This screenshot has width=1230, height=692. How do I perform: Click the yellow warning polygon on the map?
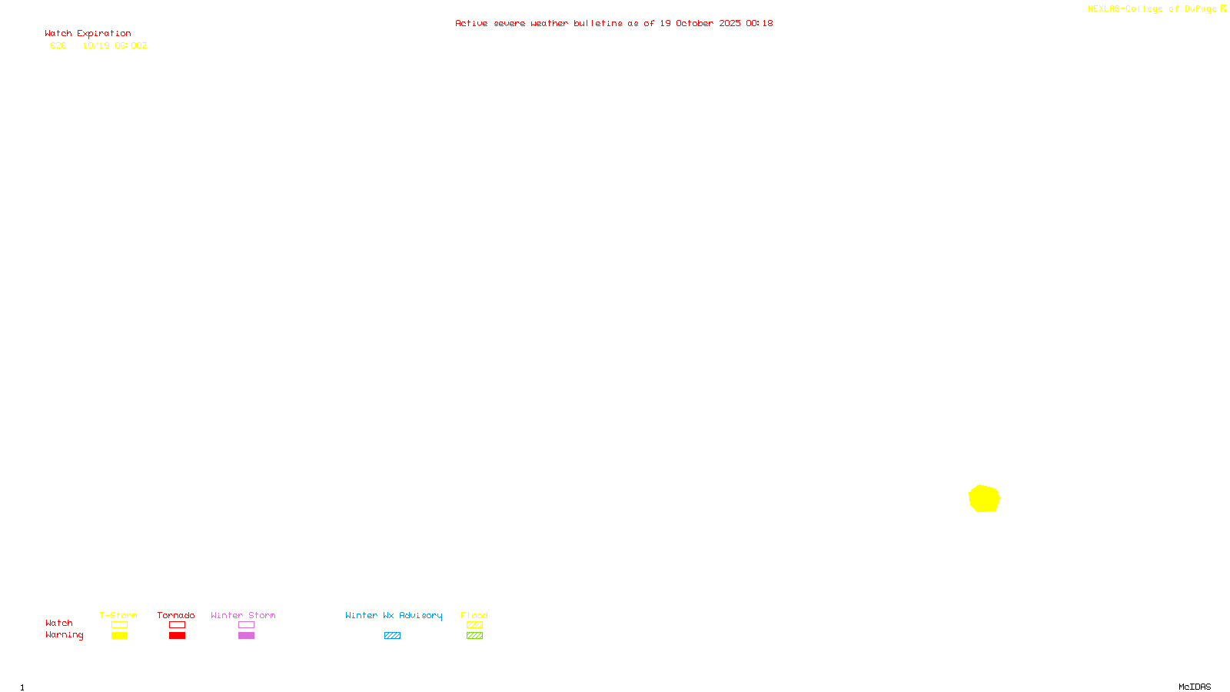(x=984, y=498)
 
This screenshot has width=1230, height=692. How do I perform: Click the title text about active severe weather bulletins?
(x=613, y=23)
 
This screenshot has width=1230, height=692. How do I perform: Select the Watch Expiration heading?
(x=88, y=33)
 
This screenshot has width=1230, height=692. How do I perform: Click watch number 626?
(x=58, y=45)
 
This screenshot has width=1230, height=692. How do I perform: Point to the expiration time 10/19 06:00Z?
(x=115, y=45)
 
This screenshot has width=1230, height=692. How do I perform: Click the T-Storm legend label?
(x=118, y=615)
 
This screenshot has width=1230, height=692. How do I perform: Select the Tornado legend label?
(x=176, y=615)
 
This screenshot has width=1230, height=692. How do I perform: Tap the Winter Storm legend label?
(x=243, y=615)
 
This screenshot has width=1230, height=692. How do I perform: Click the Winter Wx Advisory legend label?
(x=394, y=615)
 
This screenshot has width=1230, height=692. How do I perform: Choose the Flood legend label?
(x=474, y=615)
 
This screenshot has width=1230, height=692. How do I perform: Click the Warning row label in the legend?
(x=64, y=635)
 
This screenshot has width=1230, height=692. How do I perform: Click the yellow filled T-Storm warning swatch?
(x=119, y=636)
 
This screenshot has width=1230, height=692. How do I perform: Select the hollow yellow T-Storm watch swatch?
(x=119, y=625)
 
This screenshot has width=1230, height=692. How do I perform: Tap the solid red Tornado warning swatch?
(x=177, y=636)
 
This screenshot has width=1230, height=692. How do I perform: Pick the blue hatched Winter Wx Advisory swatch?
(x=392, y=636)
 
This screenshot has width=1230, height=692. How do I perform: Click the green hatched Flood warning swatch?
(x=474, y=636)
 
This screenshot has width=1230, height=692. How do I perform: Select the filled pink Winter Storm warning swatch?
(x=246, y=636)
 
